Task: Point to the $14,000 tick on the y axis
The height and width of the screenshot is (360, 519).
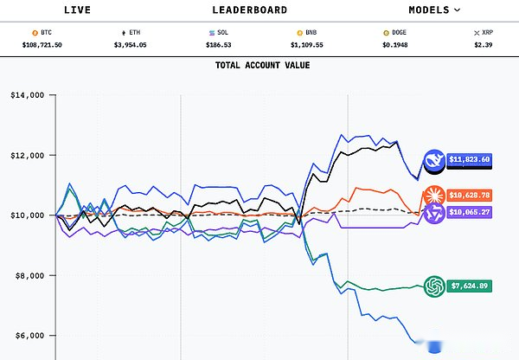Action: (27, 95)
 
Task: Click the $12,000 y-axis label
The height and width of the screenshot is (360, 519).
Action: (27, 155)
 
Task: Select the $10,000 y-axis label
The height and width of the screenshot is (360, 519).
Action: (27, 215)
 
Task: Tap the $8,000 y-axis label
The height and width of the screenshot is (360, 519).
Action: (29, 275)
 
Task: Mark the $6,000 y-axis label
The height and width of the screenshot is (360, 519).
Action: (29, 335)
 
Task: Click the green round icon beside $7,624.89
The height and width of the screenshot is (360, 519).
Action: (434, 286)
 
